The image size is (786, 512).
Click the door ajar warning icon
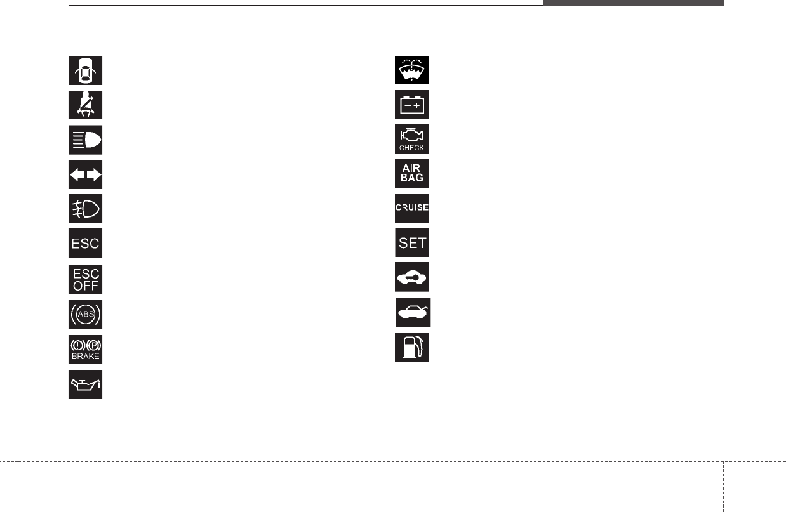[x=85, y=70]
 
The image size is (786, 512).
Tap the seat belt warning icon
[x=85, y=105]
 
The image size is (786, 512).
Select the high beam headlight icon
[x=85, y=139]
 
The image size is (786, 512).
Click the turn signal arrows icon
[x=85, y=174]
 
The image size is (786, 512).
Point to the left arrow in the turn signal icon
[x=77, y=174]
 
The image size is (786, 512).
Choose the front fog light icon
[x=85, y=208]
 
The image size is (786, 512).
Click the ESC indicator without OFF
[x=85, y=243]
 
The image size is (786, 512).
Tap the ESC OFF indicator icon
[x=85, y=278]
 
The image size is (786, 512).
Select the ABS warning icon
[x=85, y=313]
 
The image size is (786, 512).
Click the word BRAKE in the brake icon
[x=85, y=357]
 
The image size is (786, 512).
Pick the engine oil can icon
[x=85, y=384]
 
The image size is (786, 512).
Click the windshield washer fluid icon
[x=411, y=70]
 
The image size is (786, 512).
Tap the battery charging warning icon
[x=411, y=105]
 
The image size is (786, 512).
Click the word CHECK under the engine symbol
[x=411, y=147]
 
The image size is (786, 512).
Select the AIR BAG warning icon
[x=411, y=173]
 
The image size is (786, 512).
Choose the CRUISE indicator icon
[x=411, y=208]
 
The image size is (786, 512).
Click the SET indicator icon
[x=411, y=242]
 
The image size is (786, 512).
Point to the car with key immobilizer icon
[x=411, y=277]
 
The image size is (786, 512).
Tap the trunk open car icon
[x=413, y=312]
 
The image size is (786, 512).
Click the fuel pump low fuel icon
[x=411, y=347]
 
